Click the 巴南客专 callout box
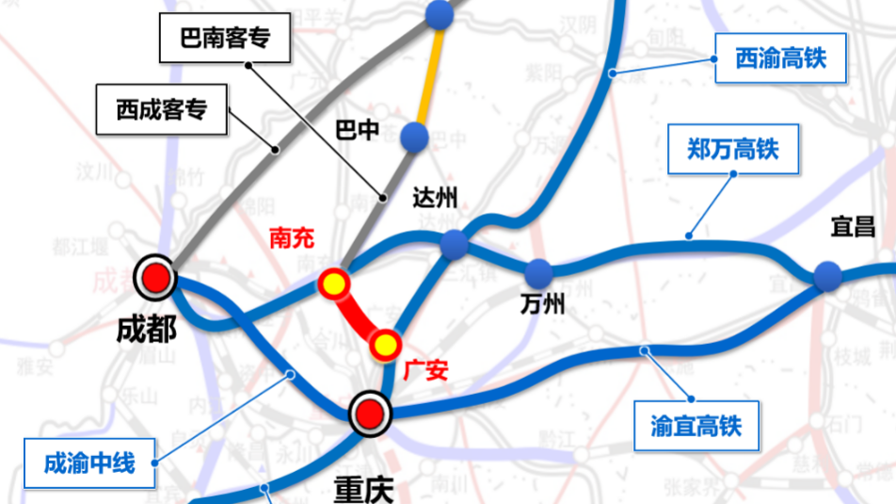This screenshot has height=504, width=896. tap(226, 40)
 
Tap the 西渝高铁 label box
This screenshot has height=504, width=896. tap(780, 59)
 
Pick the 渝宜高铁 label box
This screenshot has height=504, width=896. tap(696, 425)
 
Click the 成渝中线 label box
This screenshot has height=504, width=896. tap(89, 463)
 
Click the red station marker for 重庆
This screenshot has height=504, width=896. tap(369, 413)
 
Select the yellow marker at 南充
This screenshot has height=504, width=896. tap(333, 284)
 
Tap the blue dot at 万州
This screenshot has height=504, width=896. tap(538, 274)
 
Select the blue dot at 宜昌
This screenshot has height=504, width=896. tap(827, 276)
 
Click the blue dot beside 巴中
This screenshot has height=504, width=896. tap(414, 138)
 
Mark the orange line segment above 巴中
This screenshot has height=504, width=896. tap(427, 75)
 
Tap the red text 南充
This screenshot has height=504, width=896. tap(292, 237)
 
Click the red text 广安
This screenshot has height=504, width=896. tap(424, 370)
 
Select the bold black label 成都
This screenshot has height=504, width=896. tap(146, 329)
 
